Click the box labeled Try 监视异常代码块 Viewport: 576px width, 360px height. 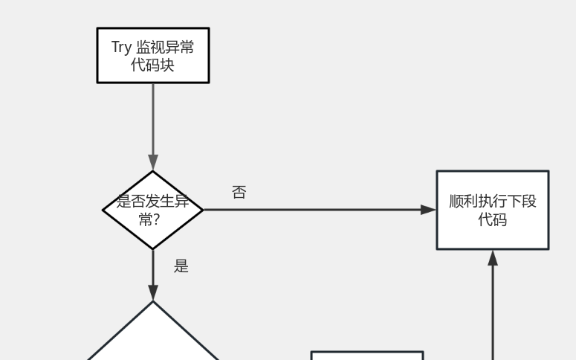coord(153,56)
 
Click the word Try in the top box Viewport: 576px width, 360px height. coord(121,48)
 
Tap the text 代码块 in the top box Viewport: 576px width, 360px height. coord(153,65)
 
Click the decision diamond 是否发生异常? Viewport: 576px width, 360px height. coord(153,210)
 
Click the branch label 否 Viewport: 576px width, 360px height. coord(239,193)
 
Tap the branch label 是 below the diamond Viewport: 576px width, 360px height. coord(181,266)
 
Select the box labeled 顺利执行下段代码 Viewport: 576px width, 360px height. coord(492,210)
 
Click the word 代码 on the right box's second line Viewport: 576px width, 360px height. coord(492,219)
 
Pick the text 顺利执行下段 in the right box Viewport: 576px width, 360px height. coord(492,201)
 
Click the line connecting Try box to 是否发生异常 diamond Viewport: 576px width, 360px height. coord(153,119)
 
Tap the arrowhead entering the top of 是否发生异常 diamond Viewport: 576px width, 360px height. coord(153,164)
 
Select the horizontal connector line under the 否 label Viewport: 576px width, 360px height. coord(312,210)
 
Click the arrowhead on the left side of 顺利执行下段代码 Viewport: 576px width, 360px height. coord(429,210)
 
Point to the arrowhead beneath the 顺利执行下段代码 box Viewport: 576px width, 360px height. coord(492,257)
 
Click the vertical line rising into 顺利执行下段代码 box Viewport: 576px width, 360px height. coord(492,312)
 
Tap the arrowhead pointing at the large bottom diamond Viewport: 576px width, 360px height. coord(153,292)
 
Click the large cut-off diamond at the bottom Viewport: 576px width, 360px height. coord(153,338)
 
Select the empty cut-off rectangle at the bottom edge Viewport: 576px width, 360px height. coord(366,356)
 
